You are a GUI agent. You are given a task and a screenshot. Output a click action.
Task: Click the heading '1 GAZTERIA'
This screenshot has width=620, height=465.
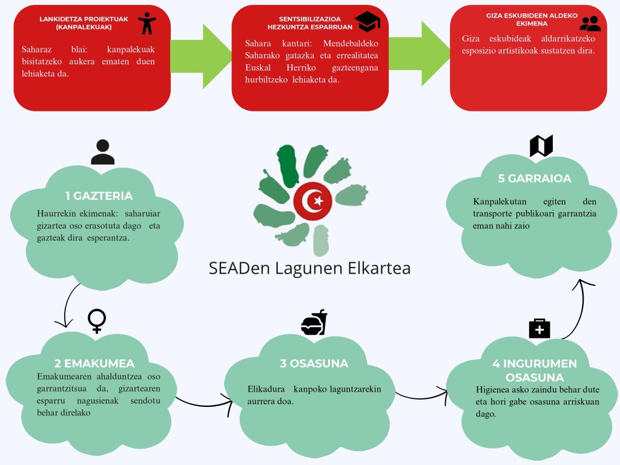point(99,196)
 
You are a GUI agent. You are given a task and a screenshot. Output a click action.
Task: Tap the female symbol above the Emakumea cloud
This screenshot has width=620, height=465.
point(97,320)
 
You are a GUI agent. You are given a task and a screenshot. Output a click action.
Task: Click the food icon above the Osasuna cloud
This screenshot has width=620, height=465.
point(314,323)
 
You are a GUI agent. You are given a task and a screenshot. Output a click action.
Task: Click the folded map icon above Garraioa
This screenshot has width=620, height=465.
point(541,146)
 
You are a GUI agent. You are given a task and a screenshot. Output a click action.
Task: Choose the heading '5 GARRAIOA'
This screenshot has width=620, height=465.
point(535,179)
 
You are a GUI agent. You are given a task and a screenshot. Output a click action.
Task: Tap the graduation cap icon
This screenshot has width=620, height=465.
point(367,22)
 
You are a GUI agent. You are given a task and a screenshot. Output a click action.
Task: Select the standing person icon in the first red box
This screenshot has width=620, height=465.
point(147,23)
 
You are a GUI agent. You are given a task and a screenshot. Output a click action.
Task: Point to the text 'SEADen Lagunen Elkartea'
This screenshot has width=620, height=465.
point(309,268)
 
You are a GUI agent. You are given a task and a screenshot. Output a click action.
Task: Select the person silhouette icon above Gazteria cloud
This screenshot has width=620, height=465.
point(102,153)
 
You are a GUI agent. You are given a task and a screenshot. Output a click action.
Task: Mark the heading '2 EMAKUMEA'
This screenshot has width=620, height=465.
point(94,363)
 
